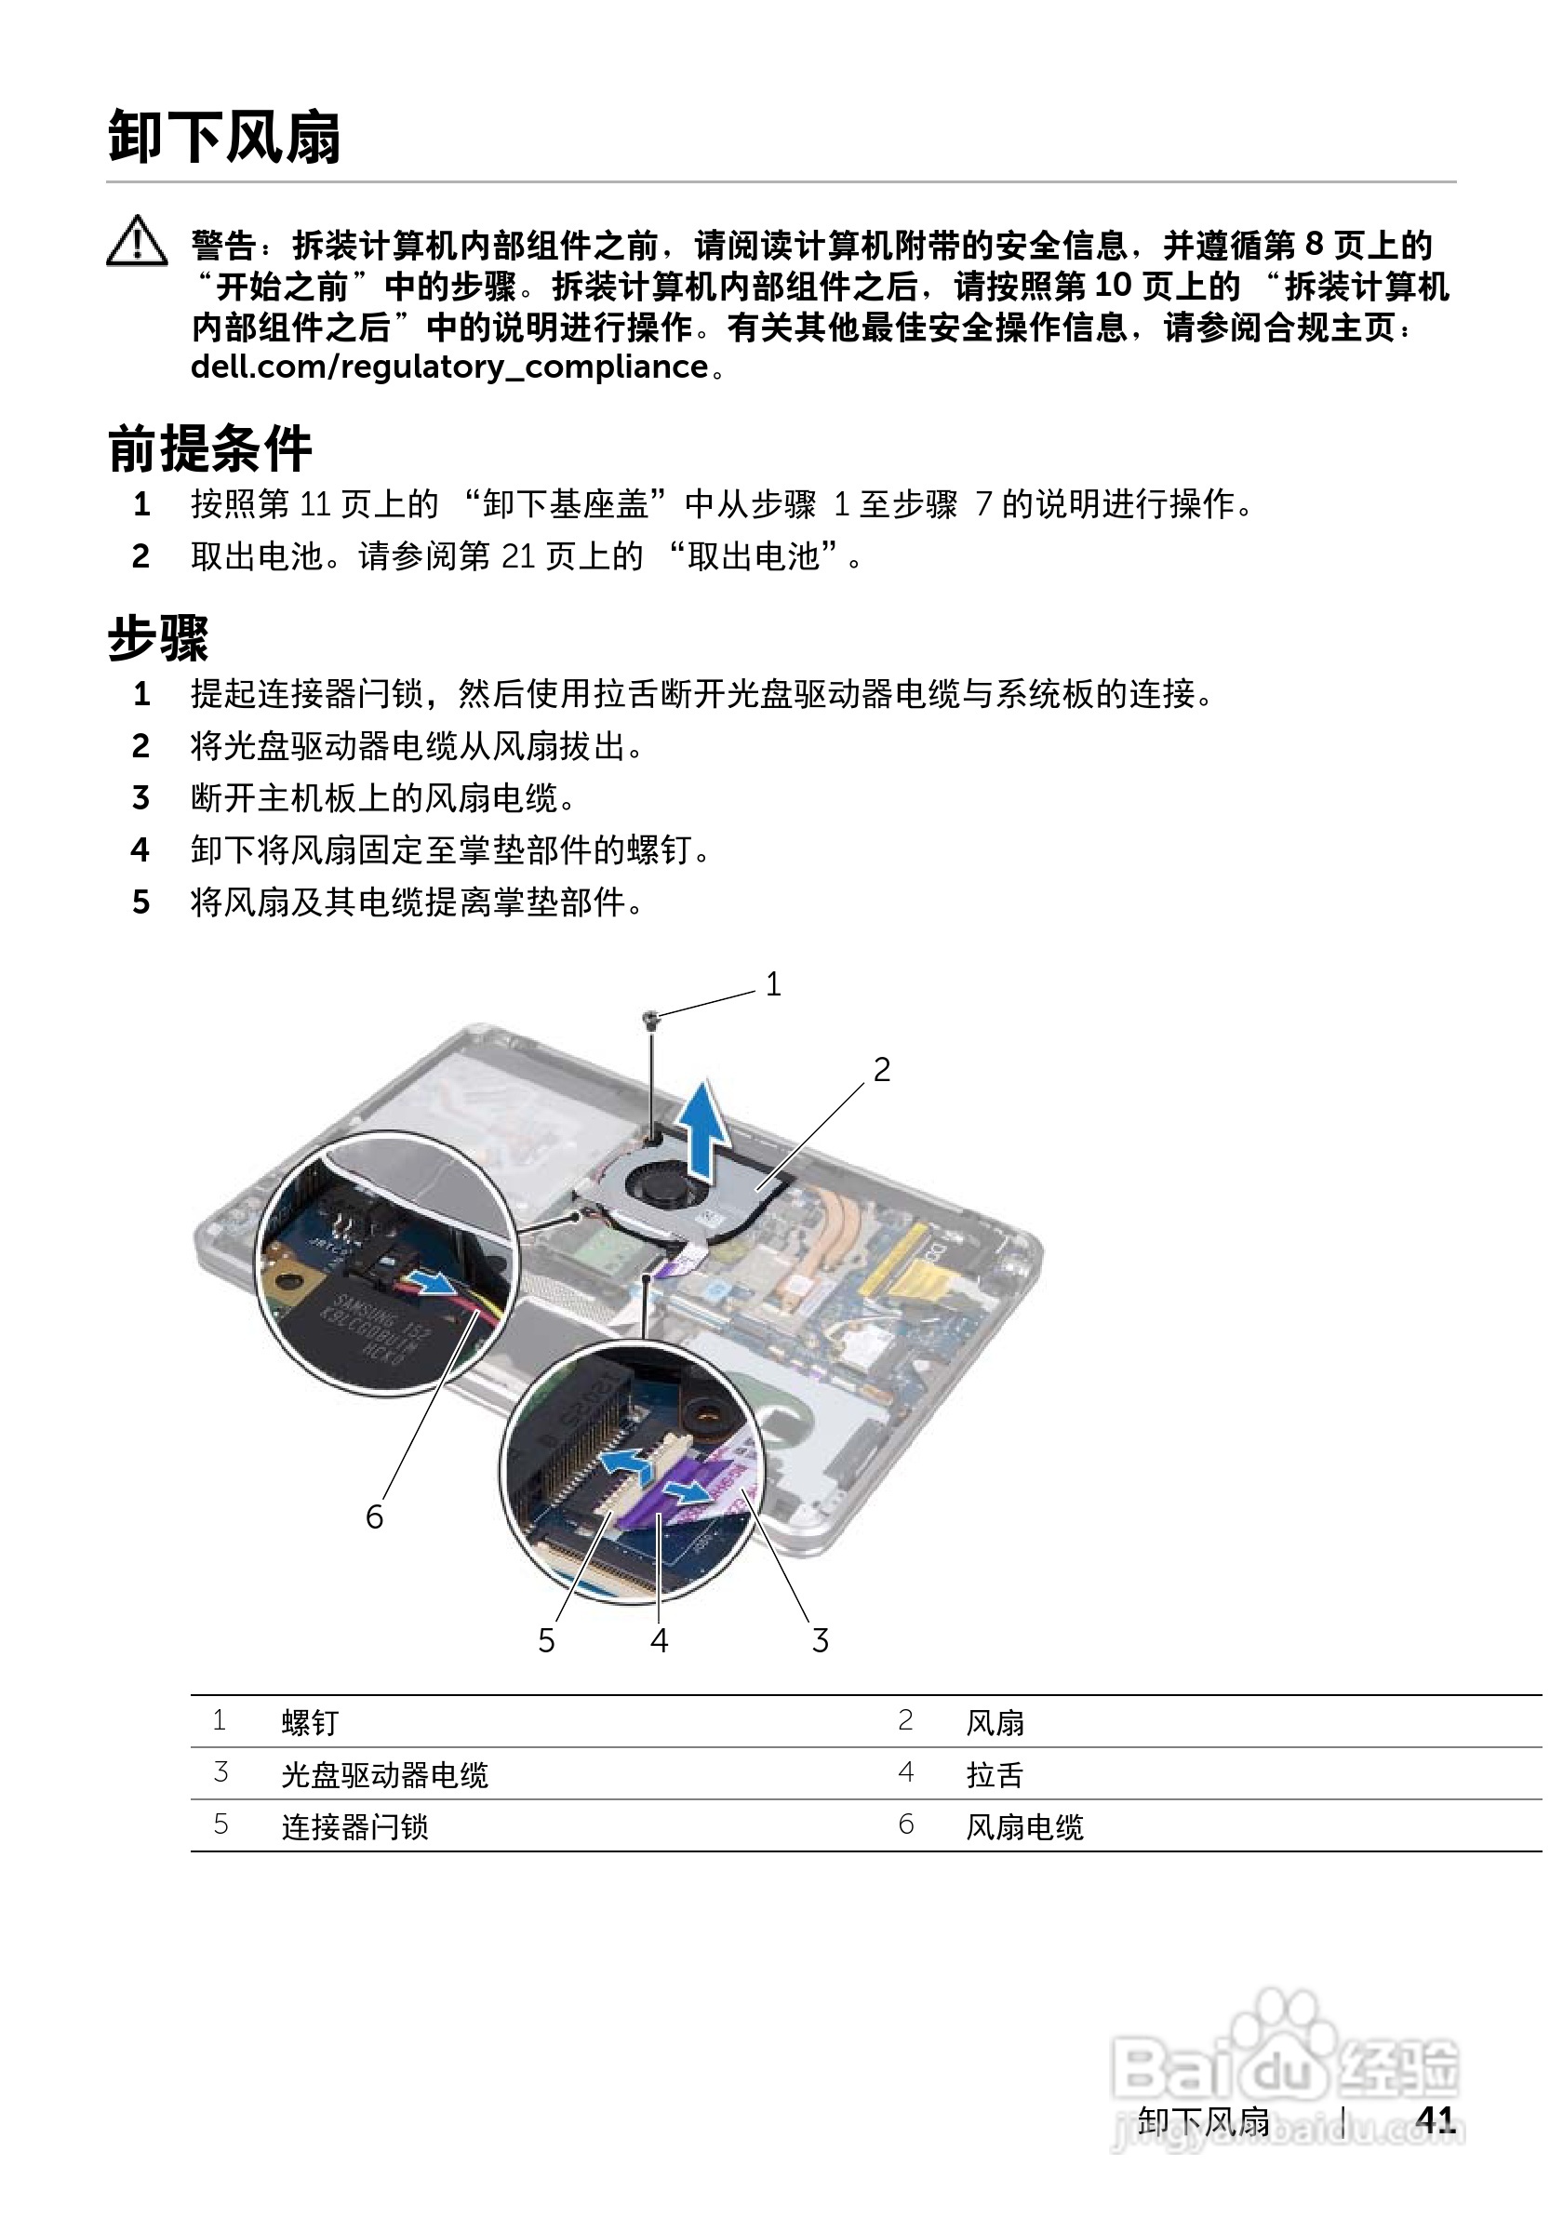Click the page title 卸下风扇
tap(224, 137)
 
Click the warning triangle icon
tap(137, 242)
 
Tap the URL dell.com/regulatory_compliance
tap(449, 368)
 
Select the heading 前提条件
tap(209, 449)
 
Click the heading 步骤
tap(157, 638)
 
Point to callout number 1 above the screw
tap(773, 984)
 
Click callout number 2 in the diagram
tap(881, 1069)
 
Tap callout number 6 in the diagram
tap(374, 1517)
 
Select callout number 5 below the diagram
tap(546, 1640)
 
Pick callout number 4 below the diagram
tap(659, 1640)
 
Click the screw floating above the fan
tap(652, 1017)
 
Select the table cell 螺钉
tap(310, 1722)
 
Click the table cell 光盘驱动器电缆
tap(384, 1774)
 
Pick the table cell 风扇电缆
tap(1025, 1826)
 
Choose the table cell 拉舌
tap(994, 1774)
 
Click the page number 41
tap(1436, 2119)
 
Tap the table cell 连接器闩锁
tap(354, 1826)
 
